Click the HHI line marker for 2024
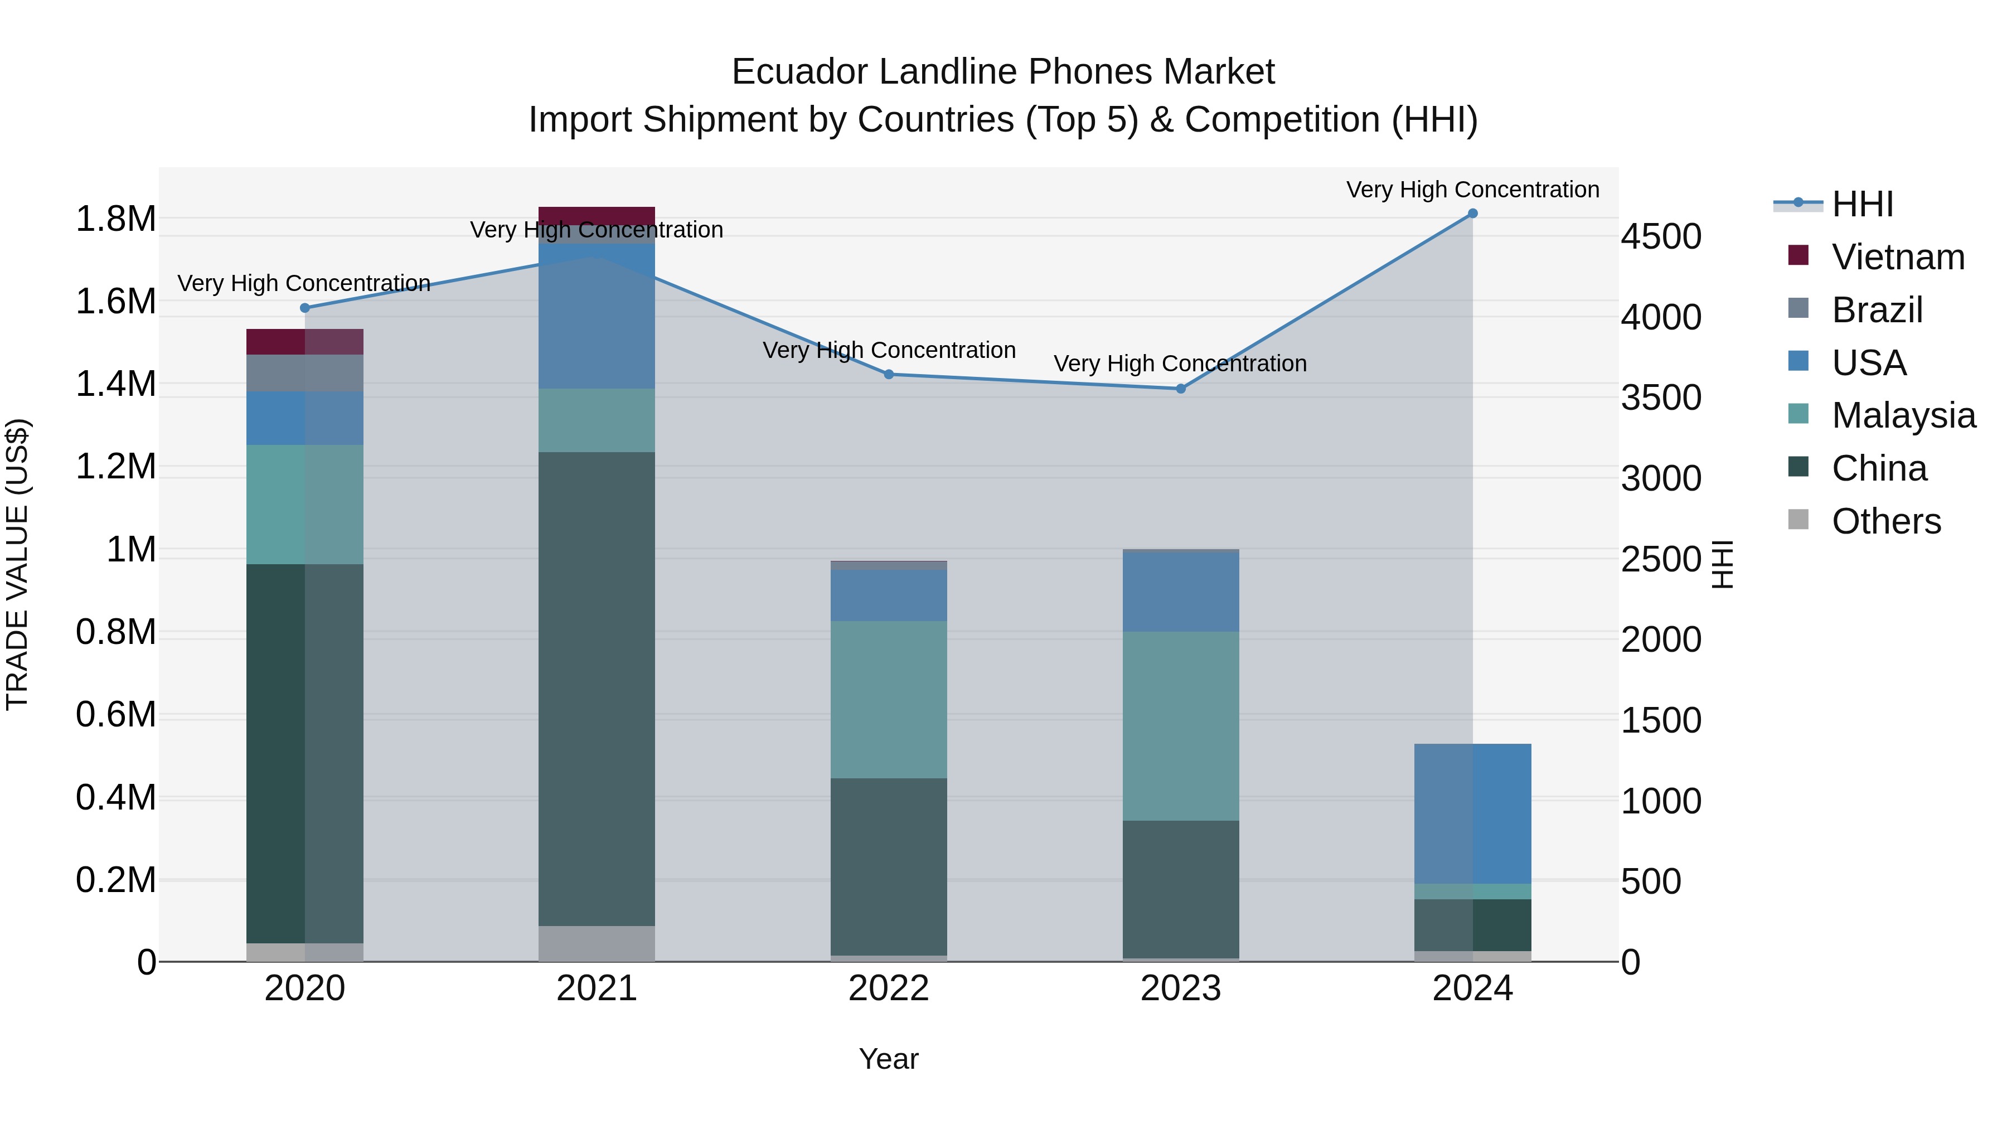(x=1472, y=214)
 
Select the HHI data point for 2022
(x=889, y=374)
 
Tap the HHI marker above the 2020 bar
(x=304, y=308)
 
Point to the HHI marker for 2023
(x=1180, y=388)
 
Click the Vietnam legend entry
(x=1897, y=257)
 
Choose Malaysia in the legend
(x=1903, y=415)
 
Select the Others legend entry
(x=1885, y=521)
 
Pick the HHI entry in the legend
(x=1862, y=204)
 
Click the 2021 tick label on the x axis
(x=597, y=989)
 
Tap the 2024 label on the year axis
(x=1472, y=989)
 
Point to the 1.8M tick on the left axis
(x=115, y=219)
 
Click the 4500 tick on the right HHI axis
(x=1661, y=237)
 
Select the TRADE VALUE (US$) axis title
(x=18, y=564)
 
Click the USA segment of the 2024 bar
(x=1472, y=813)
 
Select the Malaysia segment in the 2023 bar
(x=1180, y=725)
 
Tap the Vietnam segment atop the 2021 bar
(x=597, y=216)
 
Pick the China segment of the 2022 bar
(x=889, y=866)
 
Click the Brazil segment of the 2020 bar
(x=304, y=373)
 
